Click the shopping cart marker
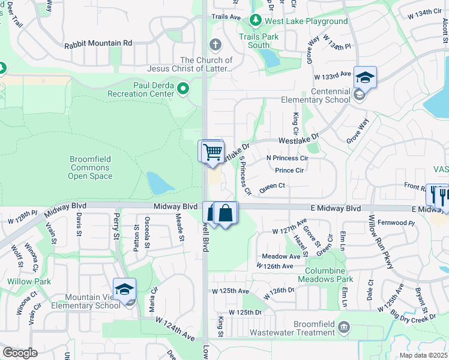[212, 151]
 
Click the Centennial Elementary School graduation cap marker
[364, 77]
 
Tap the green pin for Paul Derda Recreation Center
[182, 89]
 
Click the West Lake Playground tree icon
[256, 21]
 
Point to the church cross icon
[215, 44]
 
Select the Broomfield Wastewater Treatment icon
[344, 327]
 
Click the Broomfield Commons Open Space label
[90, 168]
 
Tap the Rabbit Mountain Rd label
[97, 43]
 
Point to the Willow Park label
[21, 281]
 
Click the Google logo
[20, 353]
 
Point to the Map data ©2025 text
[424, 355]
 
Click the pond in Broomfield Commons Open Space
[157, 183]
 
